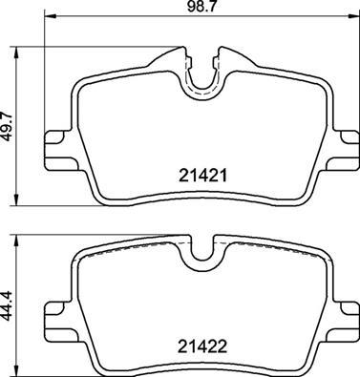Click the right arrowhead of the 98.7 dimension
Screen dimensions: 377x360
click(x=352, y=19)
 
